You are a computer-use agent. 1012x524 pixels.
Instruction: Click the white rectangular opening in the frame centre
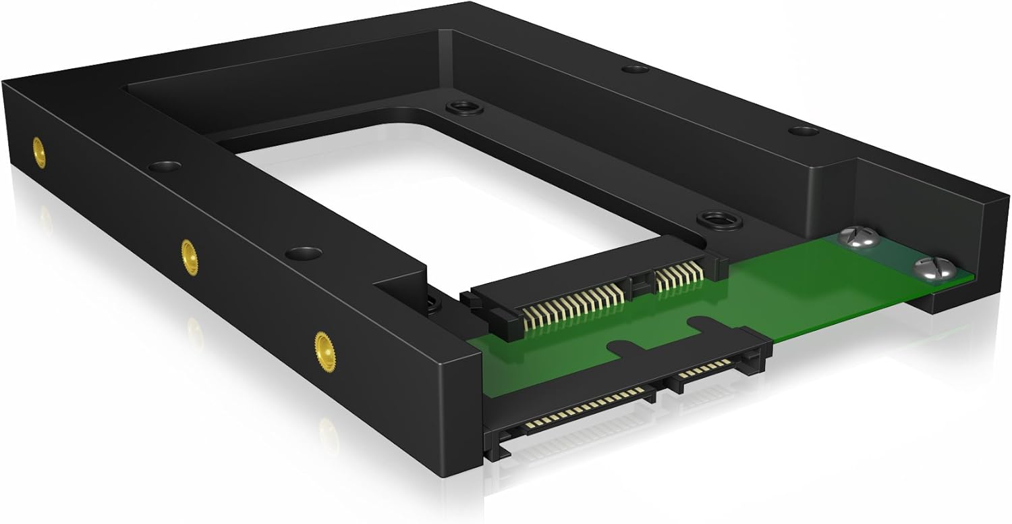coord(432,196)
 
